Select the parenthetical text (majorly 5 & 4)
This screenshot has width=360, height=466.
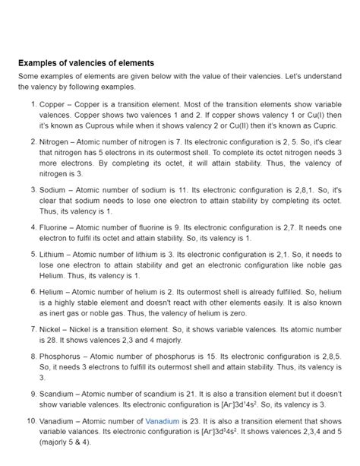pyautogui.click(x=63, y=440)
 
